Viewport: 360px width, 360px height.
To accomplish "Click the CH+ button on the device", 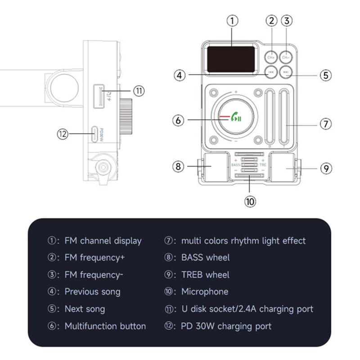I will [x=270, y=57].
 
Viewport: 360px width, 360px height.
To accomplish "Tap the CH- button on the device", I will [x=286, y=57].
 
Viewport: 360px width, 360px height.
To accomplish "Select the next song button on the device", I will [x=286, y=72].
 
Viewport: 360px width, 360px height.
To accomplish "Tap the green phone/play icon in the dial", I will [x=236, y=118].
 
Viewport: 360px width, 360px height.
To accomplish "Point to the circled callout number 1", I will [x=232, y=20].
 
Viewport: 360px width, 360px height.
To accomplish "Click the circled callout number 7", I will [x=326, y=124].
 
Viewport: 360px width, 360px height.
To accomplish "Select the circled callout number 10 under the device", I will [x=250, y=201].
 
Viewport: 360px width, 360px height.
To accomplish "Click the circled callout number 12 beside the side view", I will [x=63, y=133].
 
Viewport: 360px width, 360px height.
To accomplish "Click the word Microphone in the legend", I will [x=205, y=292].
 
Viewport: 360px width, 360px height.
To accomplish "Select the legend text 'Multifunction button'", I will [x=105, y=326].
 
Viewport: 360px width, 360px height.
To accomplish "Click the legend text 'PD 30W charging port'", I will [x=226, y=326].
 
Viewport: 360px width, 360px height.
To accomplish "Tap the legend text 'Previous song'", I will [x=93, y=292].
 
